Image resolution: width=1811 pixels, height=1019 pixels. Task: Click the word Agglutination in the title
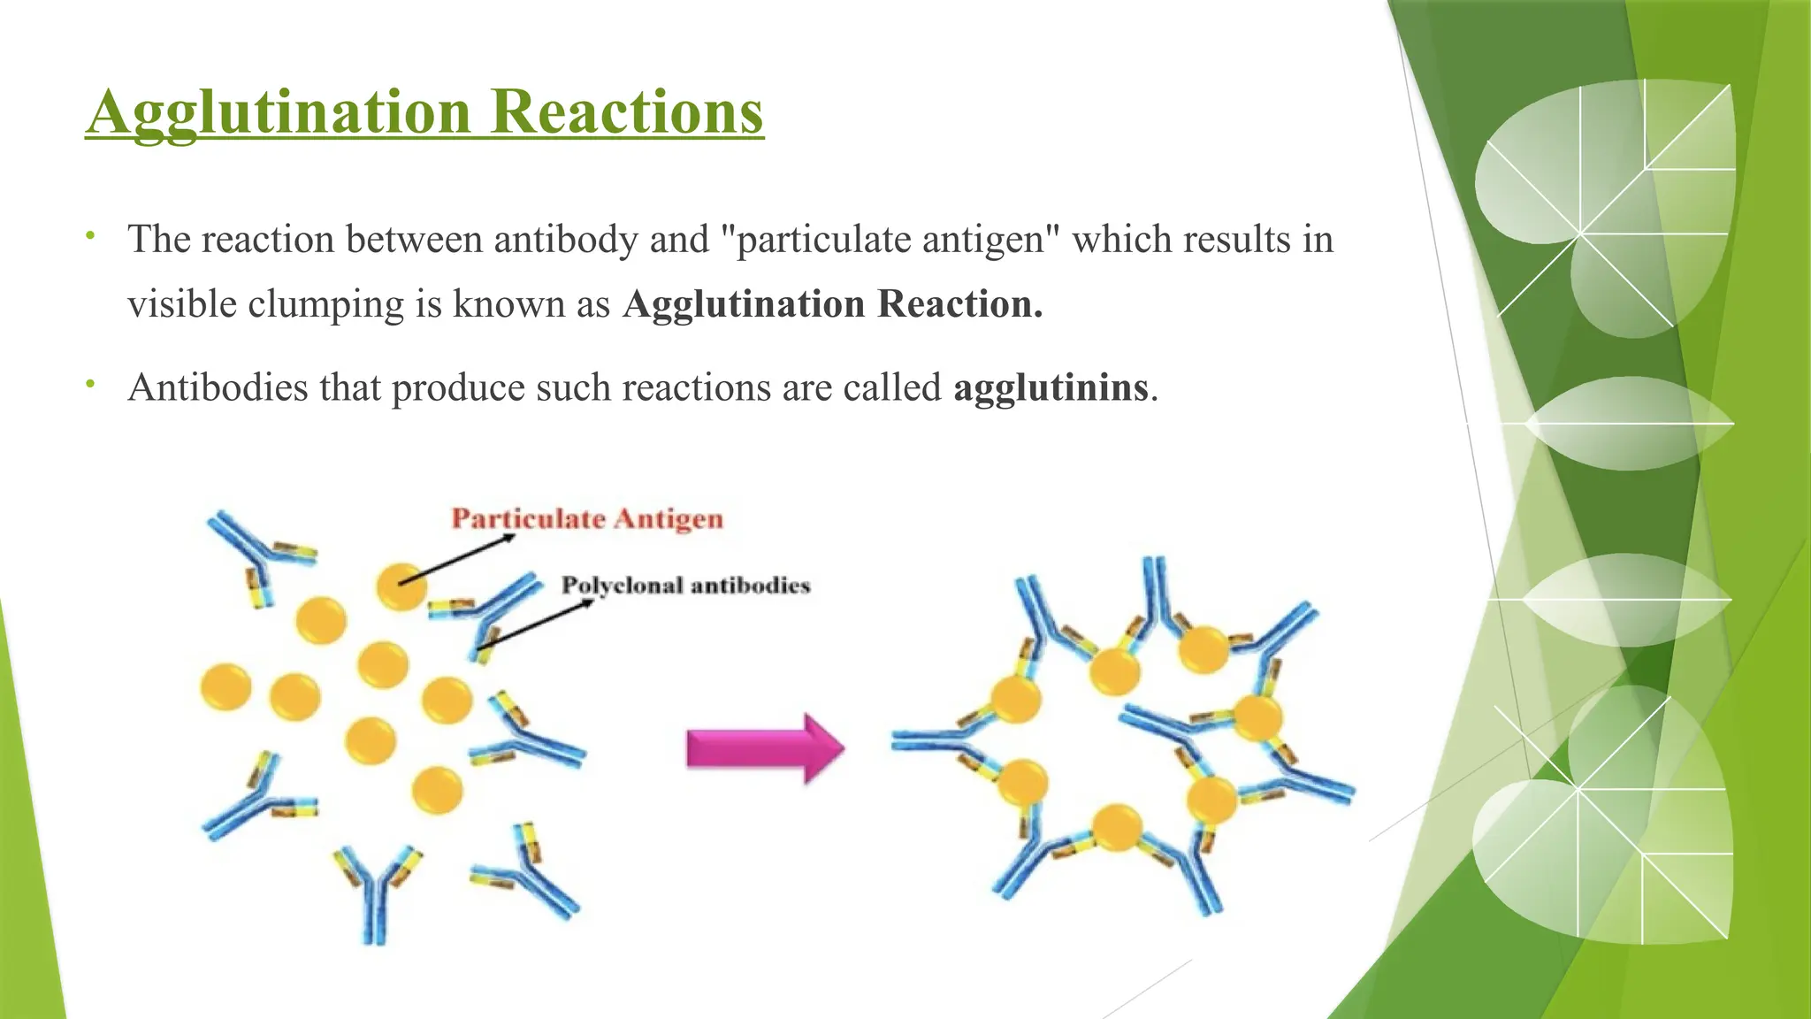click(279, 113)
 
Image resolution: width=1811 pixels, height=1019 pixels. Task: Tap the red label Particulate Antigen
click(587, 518)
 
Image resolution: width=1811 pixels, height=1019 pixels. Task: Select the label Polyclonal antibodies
click(686, 586)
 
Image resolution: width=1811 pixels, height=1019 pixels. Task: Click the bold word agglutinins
click(1051, 387)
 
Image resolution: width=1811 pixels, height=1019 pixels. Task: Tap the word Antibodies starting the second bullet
click(218, 387)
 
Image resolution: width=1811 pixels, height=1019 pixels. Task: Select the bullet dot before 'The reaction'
click(89, 236)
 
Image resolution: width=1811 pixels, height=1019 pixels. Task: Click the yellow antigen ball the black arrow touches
click(401, 586)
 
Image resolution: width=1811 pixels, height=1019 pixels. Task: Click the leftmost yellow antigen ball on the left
click(225, 687)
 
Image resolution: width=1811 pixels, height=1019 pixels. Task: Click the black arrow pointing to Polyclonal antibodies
click(535, 625)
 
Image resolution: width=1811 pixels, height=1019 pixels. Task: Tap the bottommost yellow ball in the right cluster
click(1117, 828)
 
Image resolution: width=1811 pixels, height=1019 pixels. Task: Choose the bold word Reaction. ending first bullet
click(959, 304)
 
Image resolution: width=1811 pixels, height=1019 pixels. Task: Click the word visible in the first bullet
click(181, 304)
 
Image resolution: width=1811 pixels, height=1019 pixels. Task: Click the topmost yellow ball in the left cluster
click(401, 586)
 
